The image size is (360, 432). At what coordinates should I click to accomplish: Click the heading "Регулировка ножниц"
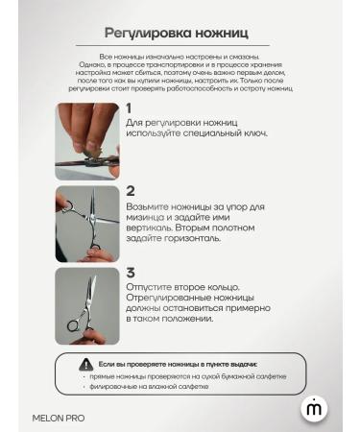[x=180, y=33]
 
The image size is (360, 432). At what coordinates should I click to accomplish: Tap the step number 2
[x=131, y=191]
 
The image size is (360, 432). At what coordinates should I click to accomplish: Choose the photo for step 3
[x=87, y=304]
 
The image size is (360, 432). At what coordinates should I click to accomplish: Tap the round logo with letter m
[x=314, y=408]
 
